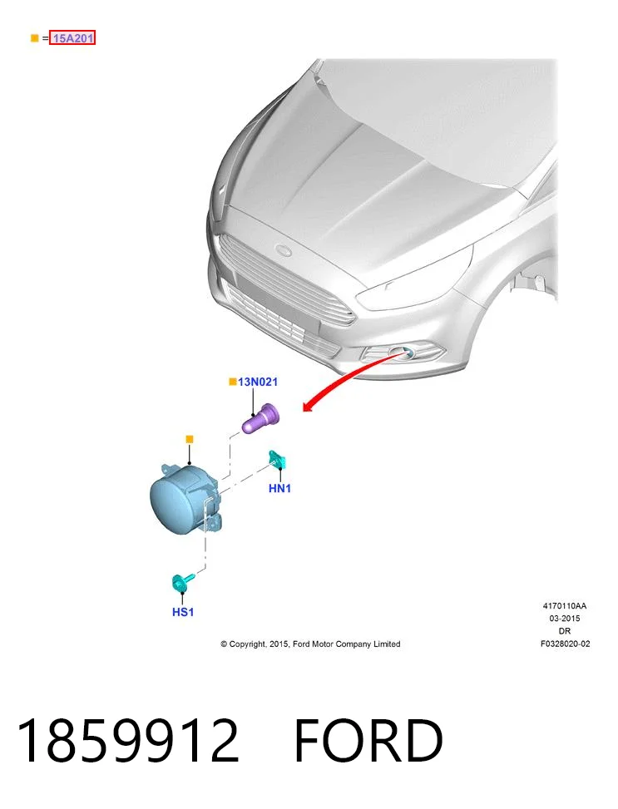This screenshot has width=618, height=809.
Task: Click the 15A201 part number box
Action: [x=72, y=37]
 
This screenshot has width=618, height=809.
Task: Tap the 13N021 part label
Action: [x=258, y=382]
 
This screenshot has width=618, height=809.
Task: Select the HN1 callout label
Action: [x=279, y=488]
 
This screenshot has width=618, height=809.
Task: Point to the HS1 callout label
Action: [x=183, y=612]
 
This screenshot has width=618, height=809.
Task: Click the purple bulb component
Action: [x=260, y=419]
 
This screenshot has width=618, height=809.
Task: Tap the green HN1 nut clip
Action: [x=277, y=459]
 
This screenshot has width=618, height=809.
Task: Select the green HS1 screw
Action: [x=181, y=582]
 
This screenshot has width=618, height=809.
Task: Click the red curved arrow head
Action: [x=309, y=407]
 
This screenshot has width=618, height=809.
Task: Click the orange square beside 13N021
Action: [x=233, y=382]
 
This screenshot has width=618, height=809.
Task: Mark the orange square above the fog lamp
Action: [x=190, y=439]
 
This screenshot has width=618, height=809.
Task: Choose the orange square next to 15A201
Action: [x=35, y=37]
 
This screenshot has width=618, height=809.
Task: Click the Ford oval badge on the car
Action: [x=284, y=251]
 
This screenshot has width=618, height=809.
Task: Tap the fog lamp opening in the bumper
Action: [x=403, y=353]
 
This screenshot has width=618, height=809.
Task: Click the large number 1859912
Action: [x=128, y=740]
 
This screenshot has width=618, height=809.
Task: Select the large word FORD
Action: [x=368, y=740]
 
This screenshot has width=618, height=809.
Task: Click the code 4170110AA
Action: [x=564, y=606]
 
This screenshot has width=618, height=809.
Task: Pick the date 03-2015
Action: [x=564, y=618]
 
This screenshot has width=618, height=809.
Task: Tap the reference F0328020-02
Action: [x=565, y=644]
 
